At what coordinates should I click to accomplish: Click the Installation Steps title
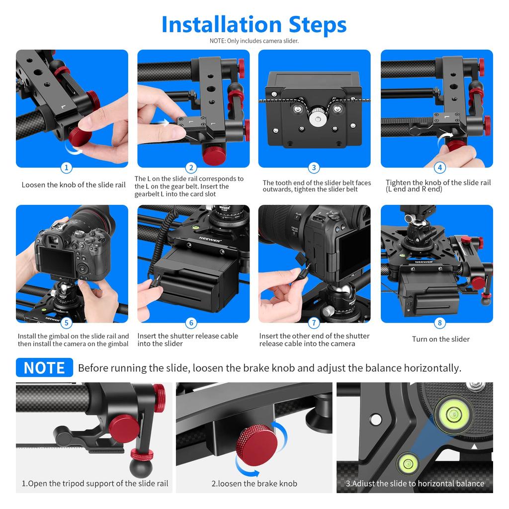(x=254, y=24)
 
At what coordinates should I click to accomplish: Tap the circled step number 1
(x=67, y=168)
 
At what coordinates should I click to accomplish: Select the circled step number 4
(x=439, y=168)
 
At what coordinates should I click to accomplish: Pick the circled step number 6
(x=191, y=323)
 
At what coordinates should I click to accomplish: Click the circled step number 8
(x=439, y=323)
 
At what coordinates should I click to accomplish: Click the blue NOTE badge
(x=44, y=368)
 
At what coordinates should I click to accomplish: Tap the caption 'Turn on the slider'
(x=440, y=339)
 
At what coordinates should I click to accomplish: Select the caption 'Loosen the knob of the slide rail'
(x=73, y=185)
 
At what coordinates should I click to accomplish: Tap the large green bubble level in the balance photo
(x=453, y=412)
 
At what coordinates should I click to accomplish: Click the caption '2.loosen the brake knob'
(x=254, y=483)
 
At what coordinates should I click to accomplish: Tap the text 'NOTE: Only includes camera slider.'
(x=254, y=41)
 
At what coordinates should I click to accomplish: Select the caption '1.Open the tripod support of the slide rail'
(x=94, y=483)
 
